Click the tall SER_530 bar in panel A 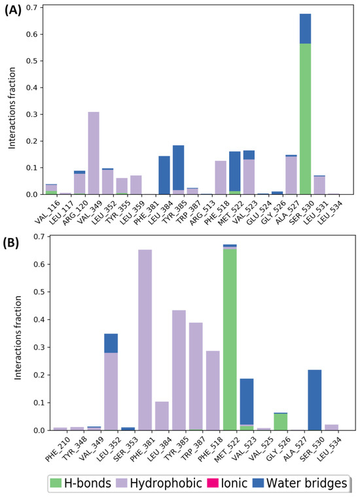305,118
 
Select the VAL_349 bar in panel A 94,153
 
